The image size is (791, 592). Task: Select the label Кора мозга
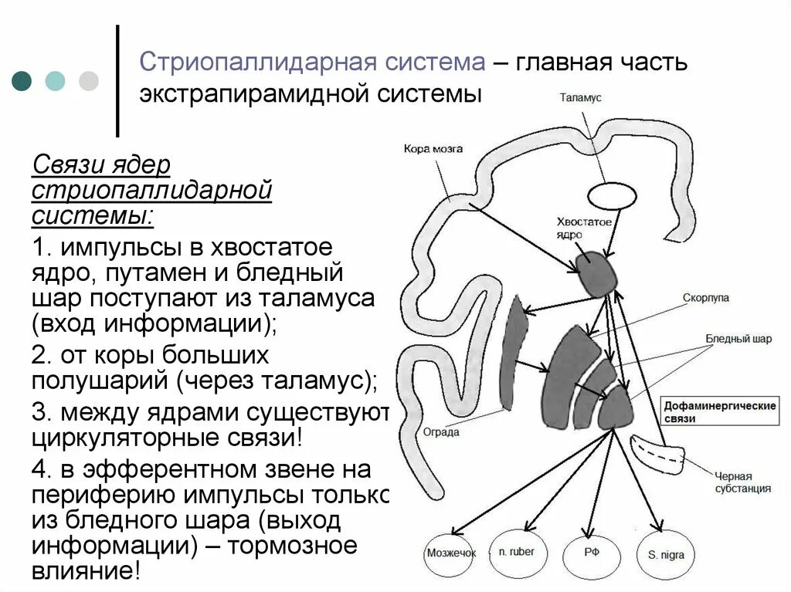coord(433,148)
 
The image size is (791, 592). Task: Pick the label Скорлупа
coord(705,297)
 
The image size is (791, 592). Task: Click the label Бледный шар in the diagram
coord(738,339)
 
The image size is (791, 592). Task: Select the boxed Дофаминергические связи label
coord(720,411)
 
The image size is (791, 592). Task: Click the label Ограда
coord(441,432)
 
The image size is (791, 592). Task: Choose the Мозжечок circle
coord(452,553)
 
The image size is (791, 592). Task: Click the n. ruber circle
coord(517,553)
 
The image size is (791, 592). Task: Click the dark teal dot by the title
coord(22,81)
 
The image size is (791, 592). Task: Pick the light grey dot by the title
coord(89,81)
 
